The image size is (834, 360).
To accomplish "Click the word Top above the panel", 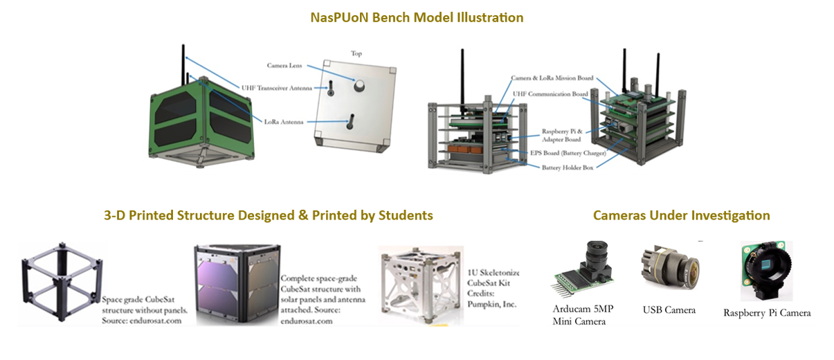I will point(356,53).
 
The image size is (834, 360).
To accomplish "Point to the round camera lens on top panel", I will point(361,87).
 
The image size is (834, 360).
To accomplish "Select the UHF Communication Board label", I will point(552,93).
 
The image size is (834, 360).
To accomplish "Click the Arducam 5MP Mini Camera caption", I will point(579,315).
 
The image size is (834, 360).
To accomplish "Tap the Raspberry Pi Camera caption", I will point(767,313).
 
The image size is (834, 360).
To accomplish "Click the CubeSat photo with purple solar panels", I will point(237,284).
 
